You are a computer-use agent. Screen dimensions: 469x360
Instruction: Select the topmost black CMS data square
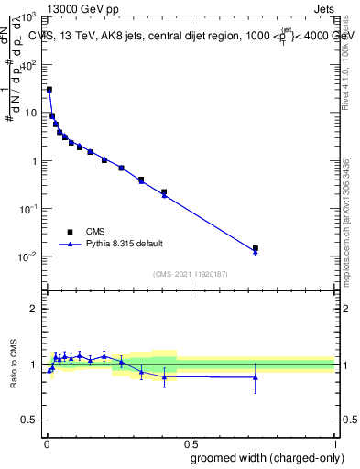(49, 90)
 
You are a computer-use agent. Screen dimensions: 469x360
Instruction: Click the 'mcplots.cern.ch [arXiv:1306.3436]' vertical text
(345, 220)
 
